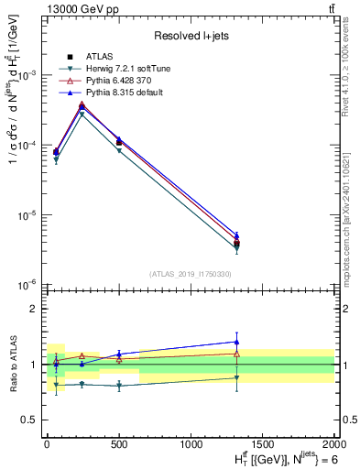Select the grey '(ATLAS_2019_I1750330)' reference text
point(191,274)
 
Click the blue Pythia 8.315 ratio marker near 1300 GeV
point(237,342)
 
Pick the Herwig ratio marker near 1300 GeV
point(237,377)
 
